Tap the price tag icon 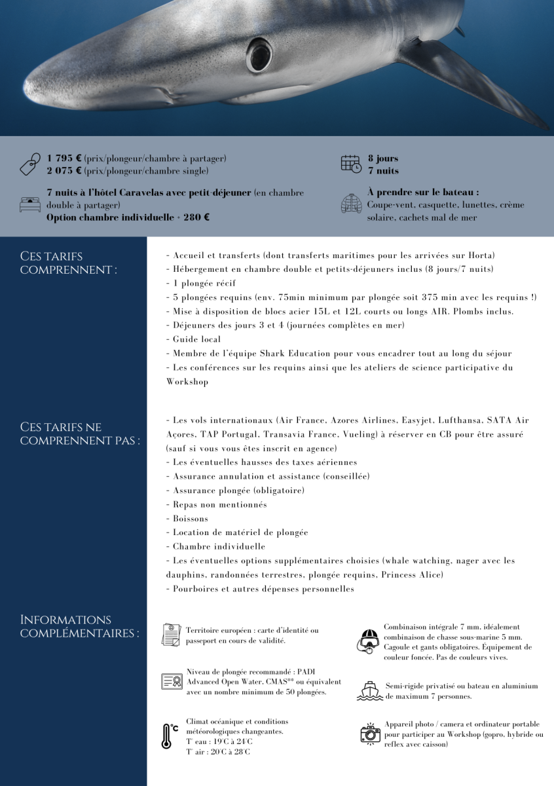pyautogui.click(x=30, y=164)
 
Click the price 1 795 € pyautogui.click(x=64, y=159)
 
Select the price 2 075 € pyautogui.click(x=64, y=171)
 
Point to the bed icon pyautogui.click(x=30, y=204)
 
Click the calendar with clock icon pyautogui.click(x=351, y=164)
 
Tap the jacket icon pyautogui.click(x=351, y=204)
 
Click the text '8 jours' pyautogui.click(x=382, y=159)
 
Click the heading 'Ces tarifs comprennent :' pyautogui.click(x=69, y=263)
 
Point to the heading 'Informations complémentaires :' pyautogui.click(x=79, y=626)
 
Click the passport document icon pyautogui.click(x=172, y=634)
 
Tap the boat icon pyautogui.click(x=369, y=690)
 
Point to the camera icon pyautogui.click(x=370, y=733)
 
